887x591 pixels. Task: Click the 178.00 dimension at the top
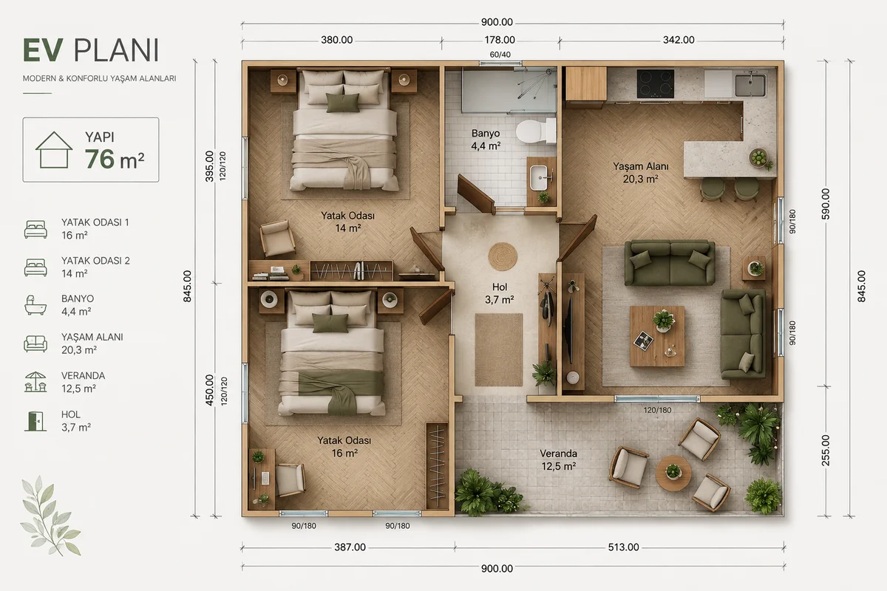click(500, 40)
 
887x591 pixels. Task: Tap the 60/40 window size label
click(500, 55)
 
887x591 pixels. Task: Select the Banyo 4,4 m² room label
click(486, 140)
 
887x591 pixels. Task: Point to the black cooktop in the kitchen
click(656, 83)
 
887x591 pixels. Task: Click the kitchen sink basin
click(750, 85)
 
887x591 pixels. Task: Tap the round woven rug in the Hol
click(503, 256)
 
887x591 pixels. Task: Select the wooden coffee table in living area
click(657, 336)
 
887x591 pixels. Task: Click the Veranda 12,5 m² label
click(558, 460)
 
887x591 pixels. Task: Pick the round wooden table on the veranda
click(673, 474)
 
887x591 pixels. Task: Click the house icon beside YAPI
click(54, 150)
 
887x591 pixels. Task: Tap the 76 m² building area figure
click(115, 159)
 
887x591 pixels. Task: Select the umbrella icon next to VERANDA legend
click(35, 382)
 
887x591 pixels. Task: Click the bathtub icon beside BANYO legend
click(35, 305)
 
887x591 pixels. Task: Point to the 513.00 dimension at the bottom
click(623, 547)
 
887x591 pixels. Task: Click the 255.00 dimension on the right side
click(825, 450)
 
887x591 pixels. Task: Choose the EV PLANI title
click(91, 50)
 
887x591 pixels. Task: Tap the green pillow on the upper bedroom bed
click(343, 103)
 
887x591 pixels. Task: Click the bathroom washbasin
click(541, 178)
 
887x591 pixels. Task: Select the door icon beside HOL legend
click(35, 421)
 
